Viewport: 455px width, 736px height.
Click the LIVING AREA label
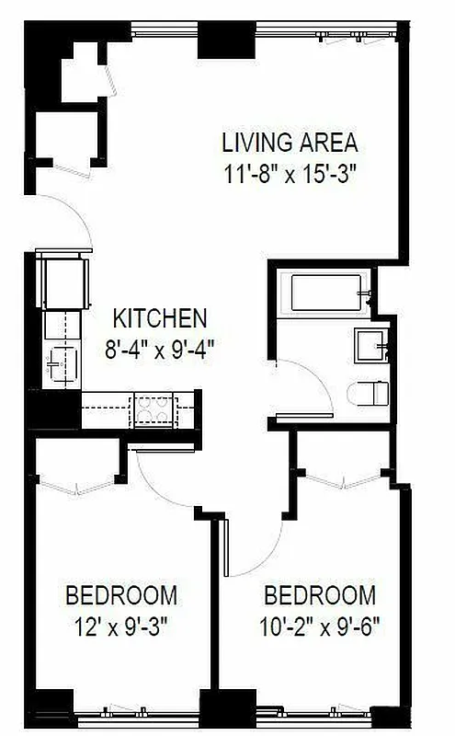289,144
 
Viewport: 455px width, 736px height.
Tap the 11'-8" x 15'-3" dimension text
289,174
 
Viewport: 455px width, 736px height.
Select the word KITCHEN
159,319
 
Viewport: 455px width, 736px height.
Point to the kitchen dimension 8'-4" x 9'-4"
159,349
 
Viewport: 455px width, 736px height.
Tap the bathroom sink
372,347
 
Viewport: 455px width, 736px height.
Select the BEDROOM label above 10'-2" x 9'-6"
320,594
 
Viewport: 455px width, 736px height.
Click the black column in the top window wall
224,38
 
